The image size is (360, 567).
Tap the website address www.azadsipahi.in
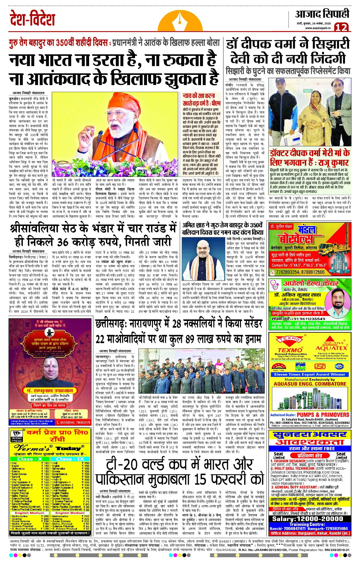[318, 28]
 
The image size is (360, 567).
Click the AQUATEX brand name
[331, 348]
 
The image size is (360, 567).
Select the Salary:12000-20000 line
[309, 519]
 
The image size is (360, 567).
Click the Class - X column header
[29, 459]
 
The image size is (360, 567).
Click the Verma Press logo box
[17, 436]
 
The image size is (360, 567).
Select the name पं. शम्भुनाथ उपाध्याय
[49, 390]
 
